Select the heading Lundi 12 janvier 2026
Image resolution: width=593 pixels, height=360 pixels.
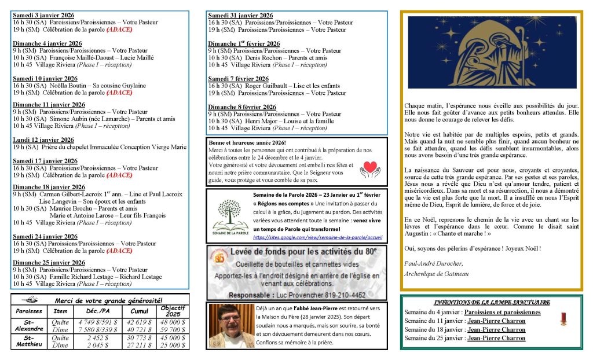click(x=43, y=140)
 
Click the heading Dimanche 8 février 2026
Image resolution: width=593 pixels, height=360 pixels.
click(x=242, y=107)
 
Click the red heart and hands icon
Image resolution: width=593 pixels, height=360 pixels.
click(x=369, y=169)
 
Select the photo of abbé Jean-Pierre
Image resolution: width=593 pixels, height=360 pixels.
click(x=229, y=325)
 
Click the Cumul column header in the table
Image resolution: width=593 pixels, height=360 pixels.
click(x=139, y=311)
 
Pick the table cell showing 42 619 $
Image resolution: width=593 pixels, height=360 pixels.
click(x=140, y=322)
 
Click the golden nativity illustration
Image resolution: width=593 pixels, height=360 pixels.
click(x=492, y=52)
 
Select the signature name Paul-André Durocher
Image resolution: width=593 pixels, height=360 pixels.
click(x=434, y=264)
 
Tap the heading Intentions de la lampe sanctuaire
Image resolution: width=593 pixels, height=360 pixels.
click(x=492, y=302)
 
